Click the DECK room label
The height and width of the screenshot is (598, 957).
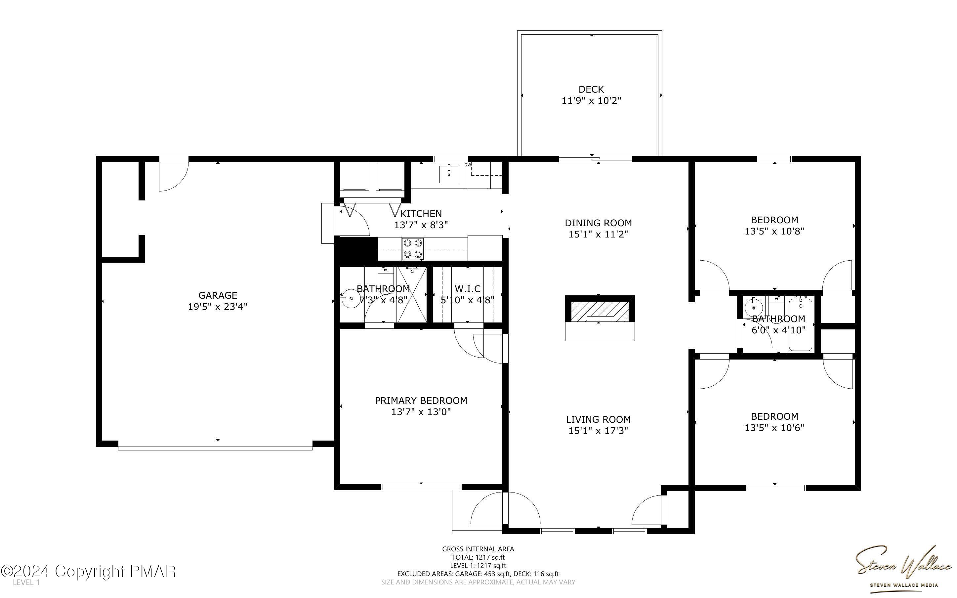coord(591,90)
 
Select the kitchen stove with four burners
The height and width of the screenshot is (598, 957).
coord(413,248)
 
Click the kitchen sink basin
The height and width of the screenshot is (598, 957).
coord(449,175)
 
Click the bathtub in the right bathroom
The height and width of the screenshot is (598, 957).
coord(801,325)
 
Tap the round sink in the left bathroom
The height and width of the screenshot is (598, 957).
coord(350,299)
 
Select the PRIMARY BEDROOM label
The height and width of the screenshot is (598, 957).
coord(421,401)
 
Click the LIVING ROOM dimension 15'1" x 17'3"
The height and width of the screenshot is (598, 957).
coord(598,430)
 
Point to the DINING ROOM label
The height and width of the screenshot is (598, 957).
coord(598,223)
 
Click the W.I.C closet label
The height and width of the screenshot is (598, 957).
coord(468,289)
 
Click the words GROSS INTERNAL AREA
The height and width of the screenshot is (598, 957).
coord(478,549)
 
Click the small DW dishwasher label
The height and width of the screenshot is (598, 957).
coord(468,164)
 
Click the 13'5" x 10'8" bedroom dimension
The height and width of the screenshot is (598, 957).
coord(774,232)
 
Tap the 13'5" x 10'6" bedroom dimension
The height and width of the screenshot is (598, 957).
coord(774,428)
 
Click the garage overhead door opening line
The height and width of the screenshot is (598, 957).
coord(215,448)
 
